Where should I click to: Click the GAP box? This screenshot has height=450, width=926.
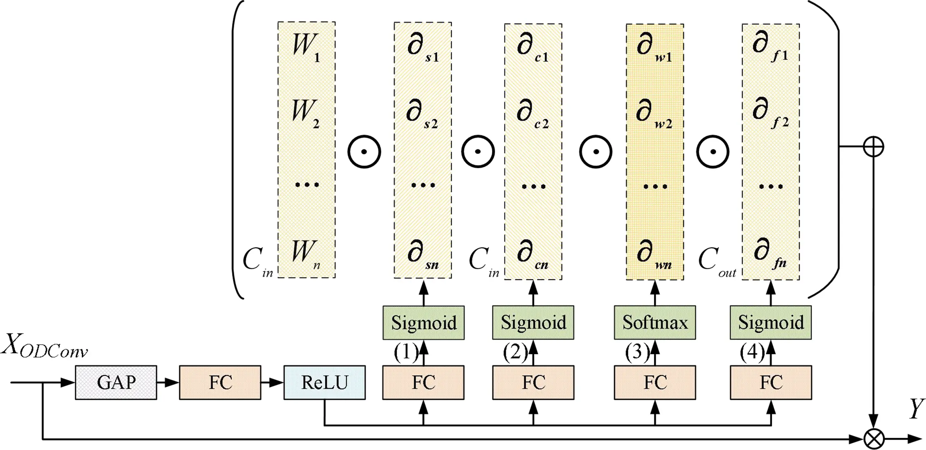tap(116, 382)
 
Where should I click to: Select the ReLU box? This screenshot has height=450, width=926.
tap(324, 382)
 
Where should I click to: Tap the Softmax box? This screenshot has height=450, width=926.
tap(655, 322)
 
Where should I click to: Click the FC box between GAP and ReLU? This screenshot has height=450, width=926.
tap(220, 382)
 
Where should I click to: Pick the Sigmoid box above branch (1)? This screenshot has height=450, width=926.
tap(423, 323)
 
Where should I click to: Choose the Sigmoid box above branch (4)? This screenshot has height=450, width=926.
tap(770, 322)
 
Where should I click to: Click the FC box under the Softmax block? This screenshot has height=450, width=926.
tap(655, 382)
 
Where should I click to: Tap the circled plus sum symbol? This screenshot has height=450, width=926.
tap(873, 146)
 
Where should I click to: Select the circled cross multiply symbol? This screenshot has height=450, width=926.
tap(873, 439)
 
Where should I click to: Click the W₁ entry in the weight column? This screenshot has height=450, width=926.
tap(306, 47)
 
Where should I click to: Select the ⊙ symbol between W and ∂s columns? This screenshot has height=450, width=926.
tap(364, 152)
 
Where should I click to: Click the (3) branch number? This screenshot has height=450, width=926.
tap(636, 352)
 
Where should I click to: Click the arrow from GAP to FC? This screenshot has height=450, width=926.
tap(168, 382)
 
